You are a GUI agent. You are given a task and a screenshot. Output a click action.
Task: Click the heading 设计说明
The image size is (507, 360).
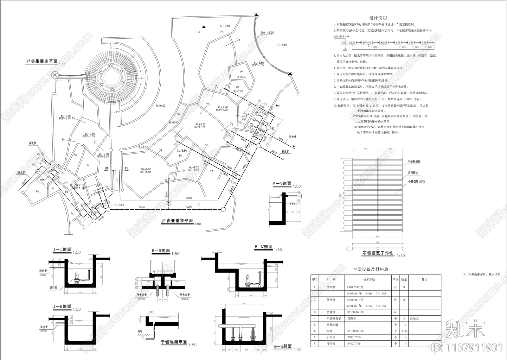click(378, 18)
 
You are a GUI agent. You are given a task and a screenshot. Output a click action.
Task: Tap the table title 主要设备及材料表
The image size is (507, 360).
click(371, 269)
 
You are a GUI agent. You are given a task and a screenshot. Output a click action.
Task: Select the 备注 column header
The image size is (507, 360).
click(424, 280)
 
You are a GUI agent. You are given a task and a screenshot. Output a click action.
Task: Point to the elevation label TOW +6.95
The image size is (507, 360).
click(267, 33)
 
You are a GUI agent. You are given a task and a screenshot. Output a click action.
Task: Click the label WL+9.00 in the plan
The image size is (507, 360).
click(145, 169)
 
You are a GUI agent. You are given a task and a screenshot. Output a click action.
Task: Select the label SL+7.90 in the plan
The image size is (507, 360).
click(238, 92)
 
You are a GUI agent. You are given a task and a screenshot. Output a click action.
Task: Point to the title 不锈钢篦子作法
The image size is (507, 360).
click(378, 253)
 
